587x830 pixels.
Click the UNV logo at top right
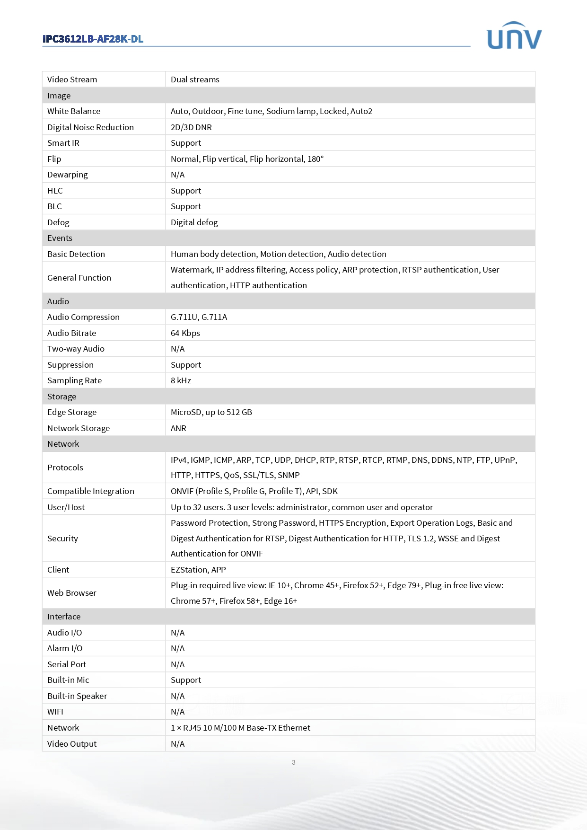(x=514, y=36)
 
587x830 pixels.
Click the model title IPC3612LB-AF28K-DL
(x=93, y=39)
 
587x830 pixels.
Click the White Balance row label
(x=74, y=111)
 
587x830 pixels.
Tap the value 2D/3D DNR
(x=191, y=127)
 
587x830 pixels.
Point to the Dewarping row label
(x=68, y=175)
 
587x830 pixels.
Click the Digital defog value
(x=194, y=222)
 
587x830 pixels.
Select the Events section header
(x=60, y=238)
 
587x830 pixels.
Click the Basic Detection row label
(x=76, y=254)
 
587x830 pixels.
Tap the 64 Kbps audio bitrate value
(x=185, y=333)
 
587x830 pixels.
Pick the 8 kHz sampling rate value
(x=181, y=380)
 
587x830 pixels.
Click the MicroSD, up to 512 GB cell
(x=211, y=412)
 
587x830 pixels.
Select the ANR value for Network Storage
(x=178, y=428)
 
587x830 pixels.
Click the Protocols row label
(x=65, y=468)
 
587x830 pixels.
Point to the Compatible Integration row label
(x=91, y=491)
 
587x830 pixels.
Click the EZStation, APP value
(x=198, y=570)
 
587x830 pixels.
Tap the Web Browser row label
(x=72, y=593)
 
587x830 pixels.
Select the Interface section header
(x=64, y=617)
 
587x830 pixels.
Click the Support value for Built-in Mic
(x=186, y=680)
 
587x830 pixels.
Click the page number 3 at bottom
(x=294, y=762)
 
